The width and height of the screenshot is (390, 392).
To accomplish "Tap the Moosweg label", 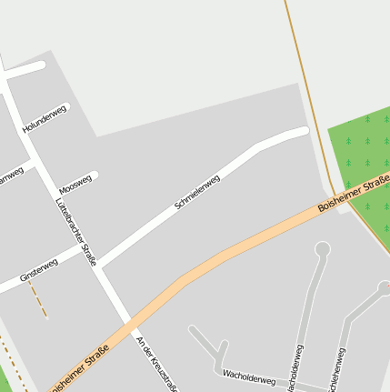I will coord(75,185).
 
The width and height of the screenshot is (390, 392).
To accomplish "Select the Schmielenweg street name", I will coord(197,194).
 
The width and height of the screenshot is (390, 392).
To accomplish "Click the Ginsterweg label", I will coord(39,270).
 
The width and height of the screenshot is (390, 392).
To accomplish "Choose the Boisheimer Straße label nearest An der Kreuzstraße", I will coord(80,365).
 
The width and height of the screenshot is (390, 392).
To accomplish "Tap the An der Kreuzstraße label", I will coord(155,363).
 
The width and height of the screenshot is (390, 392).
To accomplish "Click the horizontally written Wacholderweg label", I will coord(249,377).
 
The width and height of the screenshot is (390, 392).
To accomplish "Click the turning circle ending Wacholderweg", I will coord(322,248).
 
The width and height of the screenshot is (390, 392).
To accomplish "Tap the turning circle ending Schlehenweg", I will coord(385,288).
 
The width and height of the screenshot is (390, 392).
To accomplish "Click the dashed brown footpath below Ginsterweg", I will coord(37,298).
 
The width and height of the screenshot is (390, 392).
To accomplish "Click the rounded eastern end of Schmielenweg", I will coord(303,132).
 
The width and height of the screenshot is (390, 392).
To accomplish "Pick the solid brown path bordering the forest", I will coord(310,100).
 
